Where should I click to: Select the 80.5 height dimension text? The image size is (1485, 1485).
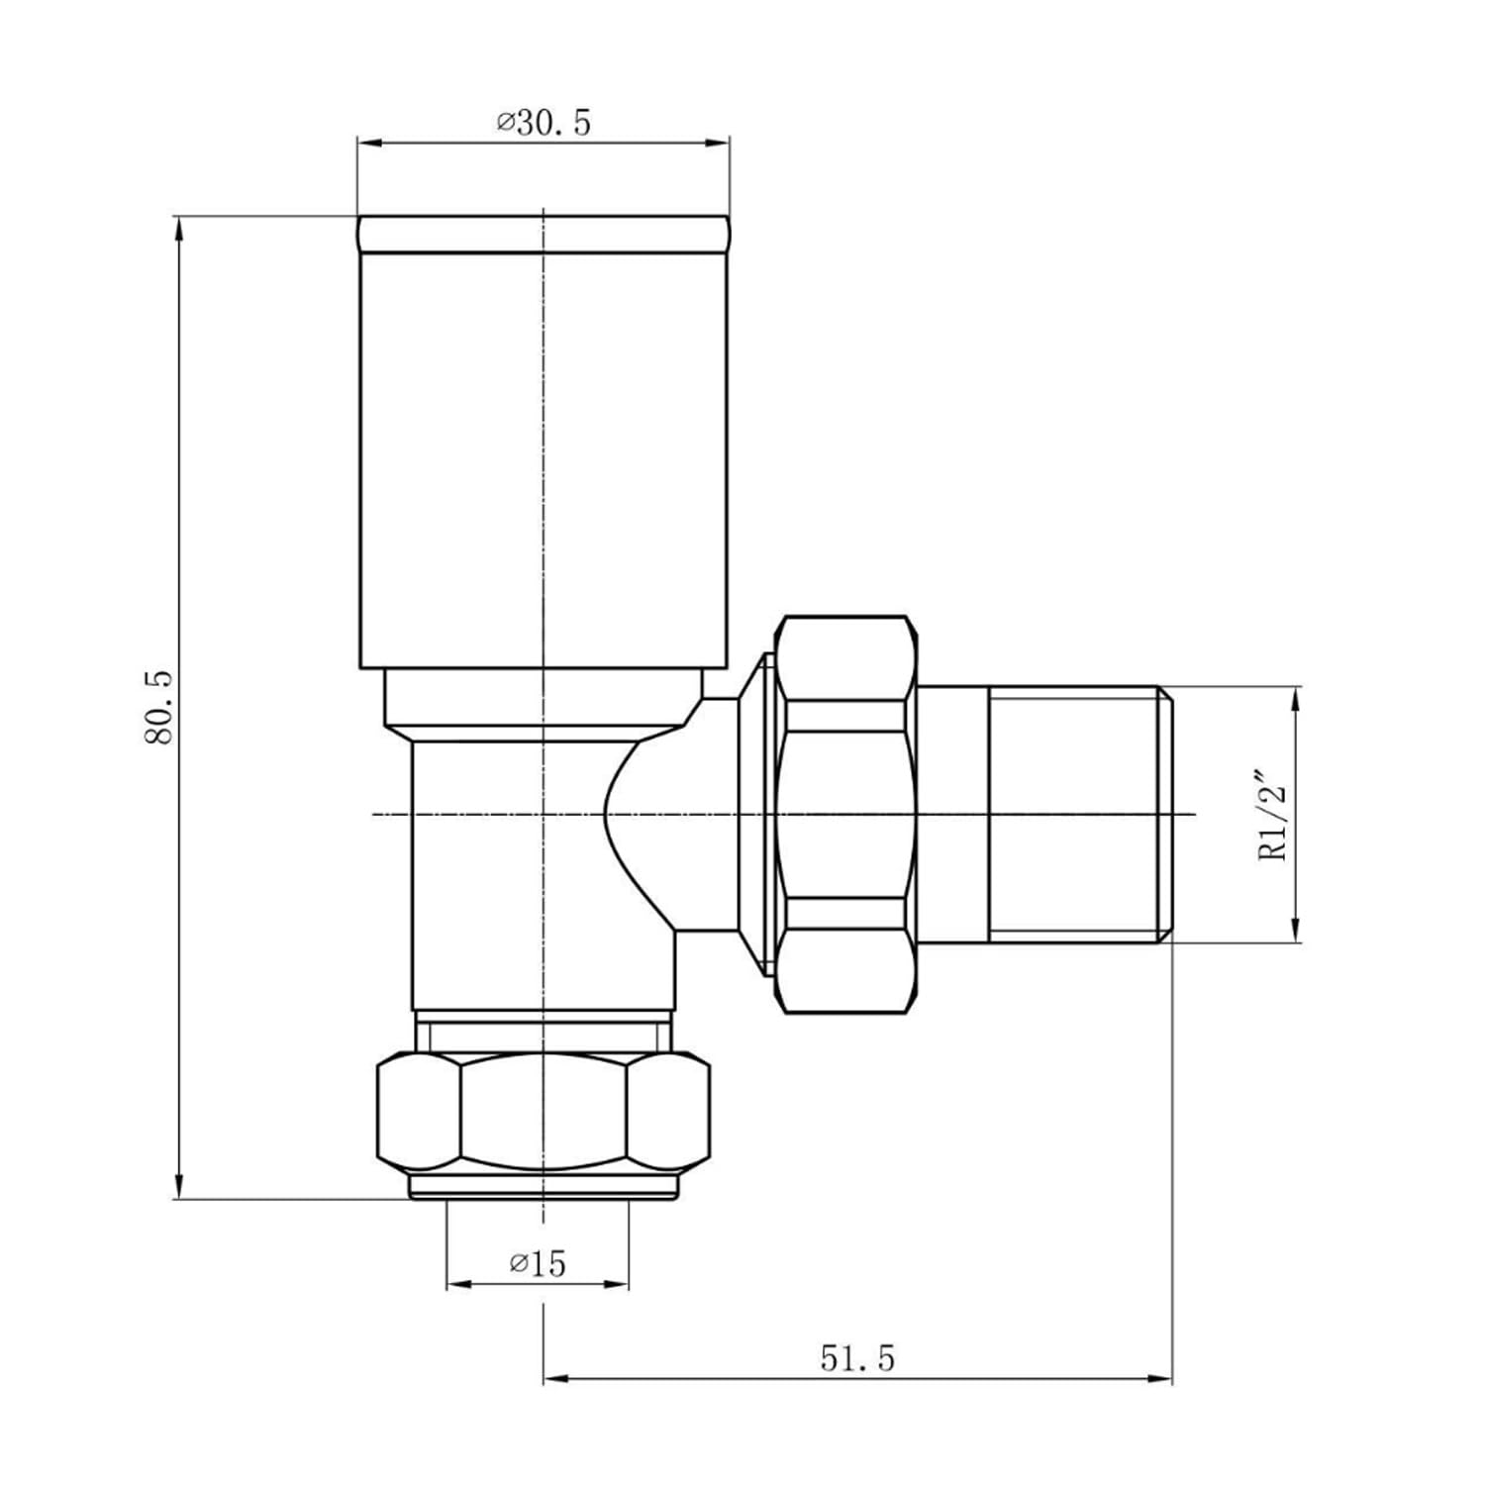click(159, 707)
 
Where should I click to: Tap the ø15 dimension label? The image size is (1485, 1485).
click(538, 1263)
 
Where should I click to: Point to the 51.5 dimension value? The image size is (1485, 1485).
click(856, 1358)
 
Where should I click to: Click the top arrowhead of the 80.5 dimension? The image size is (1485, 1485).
click(179, 229)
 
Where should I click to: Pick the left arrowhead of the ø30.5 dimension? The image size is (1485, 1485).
click(369, 145)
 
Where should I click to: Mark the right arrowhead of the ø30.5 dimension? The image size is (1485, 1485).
click(717, 145)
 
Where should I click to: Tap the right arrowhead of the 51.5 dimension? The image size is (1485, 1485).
click(1159, 1378)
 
